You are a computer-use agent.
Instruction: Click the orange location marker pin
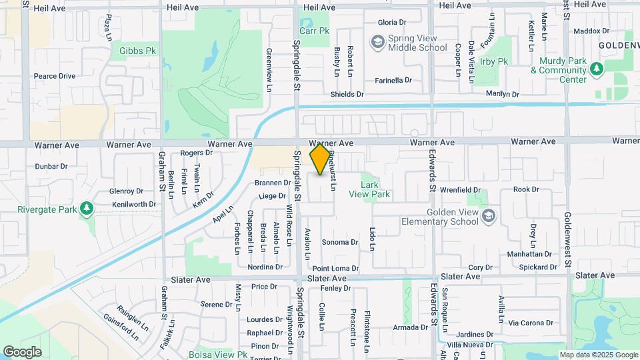321,160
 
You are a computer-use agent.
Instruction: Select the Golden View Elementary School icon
489,215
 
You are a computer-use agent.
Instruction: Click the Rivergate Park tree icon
85,209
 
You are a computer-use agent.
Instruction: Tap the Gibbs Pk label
137,50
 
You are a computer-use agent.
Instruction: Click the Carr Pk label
315,31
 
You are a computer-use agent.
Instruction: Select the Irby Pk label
493,61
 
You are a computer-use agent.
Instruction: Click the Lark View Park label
374,189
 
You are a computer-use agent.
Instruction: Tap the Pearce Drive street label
55,76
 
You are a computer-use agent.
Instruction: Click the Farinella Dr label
393,80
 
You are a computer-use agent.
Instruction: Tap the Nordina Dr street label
265,267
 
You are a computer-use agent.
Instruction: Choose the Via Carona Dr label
531,323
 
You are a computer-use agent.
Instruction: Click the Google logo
22,351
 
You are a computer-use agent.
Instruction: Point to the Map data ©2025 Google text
599,355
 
